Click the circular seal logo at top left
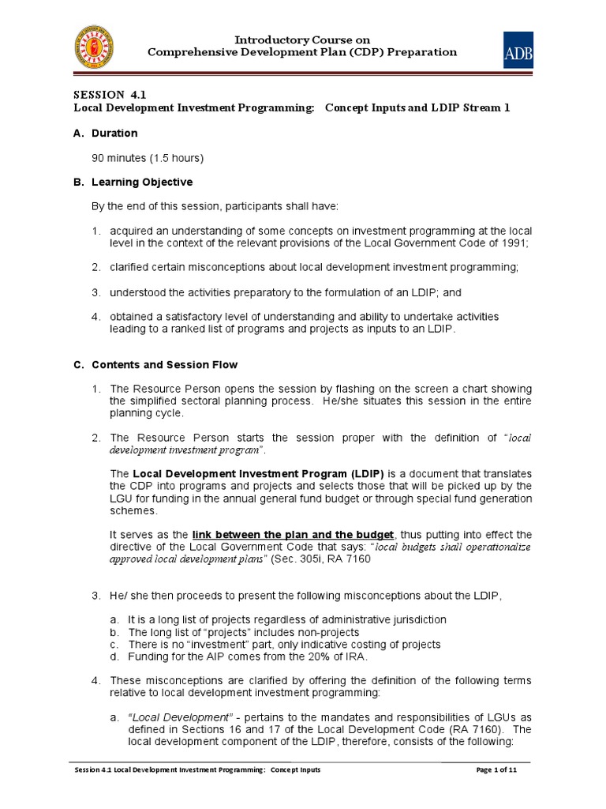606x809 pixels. click(x=92, y=47)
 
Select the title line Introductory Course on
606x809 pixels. click(x=303, y=40)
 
